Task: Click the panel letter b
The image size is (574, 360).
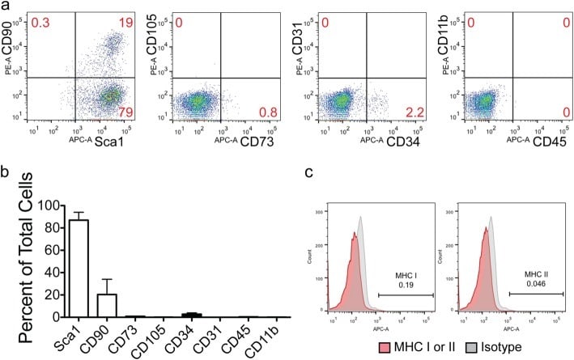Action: point(6,172)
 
